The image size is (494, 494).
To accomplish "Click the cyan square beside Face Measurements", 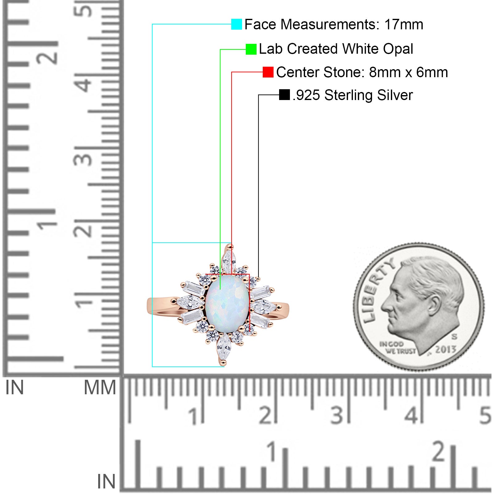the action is pyautogui.click(x=237, y=24).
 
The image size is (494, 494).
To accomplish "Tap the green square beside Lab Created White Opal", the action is pyautogui.click(x=251, y=49).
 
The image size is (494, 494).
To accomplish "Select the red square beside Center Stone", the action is pyautogui.click(x=268, y=72).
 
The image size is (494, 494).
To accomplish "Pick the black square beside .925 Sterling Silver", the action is pyautogui.click(x=284, y=95).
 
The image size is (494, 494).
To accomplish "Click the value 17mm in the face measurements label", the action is pyautogui.click(x=404, y=24).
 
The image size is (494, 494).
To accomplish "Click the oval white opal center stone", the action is pyautogui.click(x=227, y=304).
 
